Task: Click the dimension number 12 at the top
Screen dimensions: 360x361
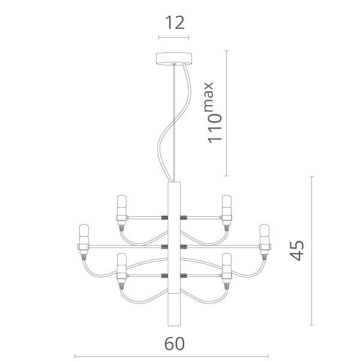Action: click(x=175, y=23)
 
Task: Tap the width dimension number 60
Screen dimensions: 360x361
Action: click(x=175, y=344)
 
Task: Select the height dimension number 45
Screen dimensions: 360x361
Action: click(x=296, y=250)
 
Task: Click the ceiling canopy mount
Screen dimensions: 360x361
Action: click(x=174, y=58)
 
